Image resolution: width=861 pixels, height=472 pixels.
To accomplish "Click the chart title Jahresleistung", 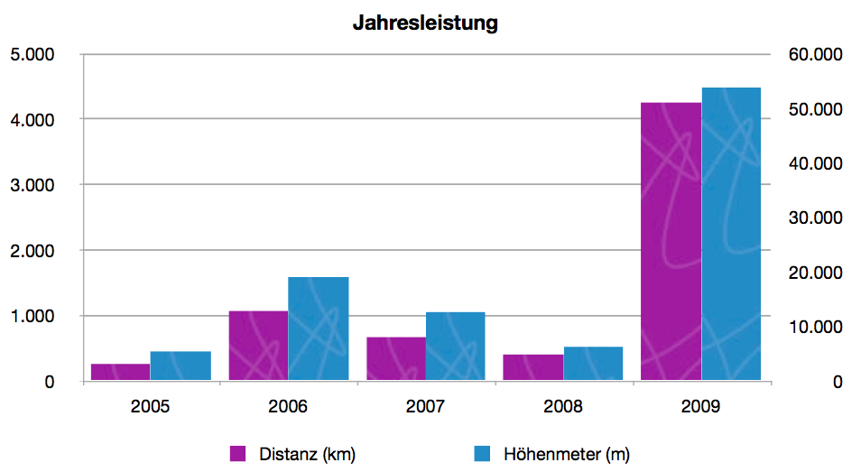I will [425, 23].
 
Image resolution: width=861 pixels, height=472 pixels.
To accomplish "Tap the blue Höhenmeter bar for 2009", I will [731, 235].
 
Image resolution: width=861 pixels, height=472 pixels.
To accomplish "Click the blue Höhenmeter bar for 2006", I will [319, 329].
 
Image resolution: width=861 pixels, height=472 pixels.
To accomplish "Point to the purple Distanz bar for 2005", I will [120, 372].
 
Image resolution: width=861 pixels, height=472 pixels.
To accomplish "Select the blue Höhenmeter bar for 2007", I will [456, 347].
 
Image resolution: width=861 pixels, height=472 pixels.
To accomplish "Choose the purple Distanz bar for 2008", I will [533, 367].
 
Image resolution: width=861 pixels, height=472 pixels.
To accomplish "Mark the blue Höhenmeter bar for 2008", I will [594, 364].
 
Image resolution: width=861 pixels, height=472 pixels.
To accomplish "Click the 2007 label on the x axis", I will [425, 406].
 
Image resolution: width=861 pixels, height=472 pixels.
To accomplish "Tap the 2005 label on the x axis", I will [150, 406].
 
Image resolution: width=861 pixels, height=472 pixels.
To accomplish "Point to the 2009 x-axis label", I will [701, 406].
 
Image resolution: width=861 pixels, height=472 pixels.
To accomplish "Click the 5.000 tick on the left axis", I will [32, 54].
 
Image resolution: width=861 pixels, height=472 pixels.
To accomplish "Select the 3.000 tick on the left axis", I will [32, 185].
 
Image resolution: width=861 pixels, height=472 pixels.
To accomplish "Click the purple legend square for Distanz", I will [239, 454].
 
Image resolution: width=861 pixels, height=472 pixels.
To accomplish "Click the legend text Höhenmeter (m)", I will [566, 454].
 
